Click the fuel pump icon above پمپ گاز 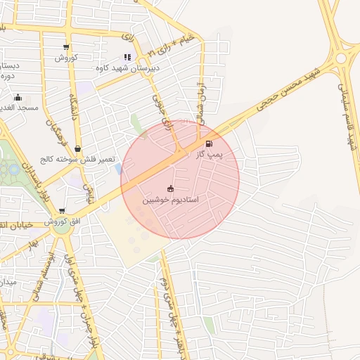click(209, 144)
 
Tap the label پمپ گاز click(210, 155)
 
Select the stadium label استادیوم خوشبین click(170, 200)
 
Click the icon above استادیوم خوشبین click(170, 188)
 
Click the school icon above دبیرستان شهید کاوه click(127, 58)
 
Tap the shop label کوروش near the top click(66, 57)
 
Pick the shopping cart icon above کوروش click(66, 47)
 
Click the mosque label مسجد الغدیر click(19, 108)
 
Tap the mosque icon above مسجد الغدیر click(18, 98)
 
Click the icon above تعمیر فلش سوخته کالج click(77, 149)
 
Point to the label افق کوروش click(68, 221)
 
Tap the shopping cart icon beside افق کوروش click(62, 210)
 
